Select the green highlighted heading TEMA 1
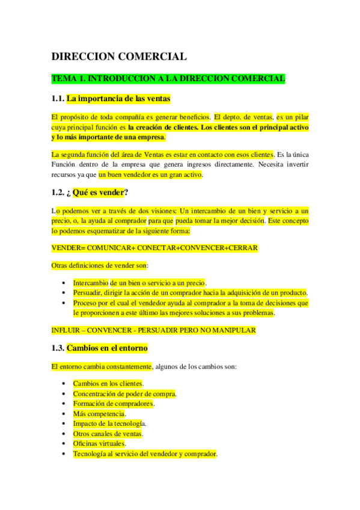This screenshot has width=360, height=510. pyautogui.click(x=168, y=79)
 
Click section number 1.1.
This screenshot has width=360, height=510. pyautogui.click(x=58, y=99)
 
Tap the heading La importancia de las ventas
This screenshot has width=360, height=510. pyautogui.click(x=119, y=99)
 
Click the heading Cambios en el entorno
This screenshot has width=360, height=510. pyautogui.click(x=107, y=348)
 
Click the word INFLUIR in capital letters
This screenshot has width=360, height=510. pyautogui.click(x=67, y=330)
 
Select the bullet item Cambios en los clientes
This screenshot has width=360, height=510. pyautogui.click(x=108, y=383)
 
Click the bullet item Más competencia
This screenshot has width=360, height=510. pyautogui.click(x=99, y=414)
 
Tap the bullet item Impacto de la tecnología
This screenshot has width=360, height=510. pyautogui.click(x=110, y=423)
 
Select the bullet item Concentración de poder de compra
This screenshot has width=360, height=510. pyautogui.click(x=124, y=393)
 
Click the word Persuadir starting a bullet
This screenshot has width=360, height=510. pyautogui.click(x=87, y=293)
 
